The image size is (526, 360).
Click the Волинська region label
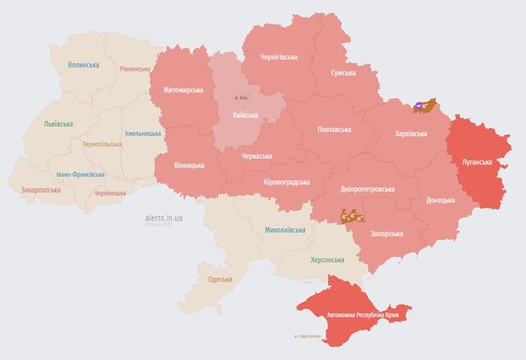(84, 65)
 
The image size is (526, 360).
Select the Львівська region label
(58, 124)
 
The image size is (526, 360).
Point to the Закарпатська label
(40, 190)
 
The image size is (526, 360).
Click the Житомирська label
(182, 90)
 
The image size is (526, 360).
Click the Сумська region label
(343, 73)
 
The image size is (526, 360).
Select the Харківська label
(410, 133)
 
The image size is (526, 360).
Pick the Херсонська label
(327, 259)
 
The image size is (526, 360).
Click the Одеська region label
(219, 279)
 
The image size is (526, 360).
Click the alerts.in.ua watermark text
(163, 218)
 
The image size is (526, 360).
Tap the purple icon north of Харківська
(420, 105)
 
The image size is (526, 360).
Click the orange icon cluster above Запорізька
(352, 216)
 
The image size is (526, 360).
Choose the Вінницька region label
(189, 165)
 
